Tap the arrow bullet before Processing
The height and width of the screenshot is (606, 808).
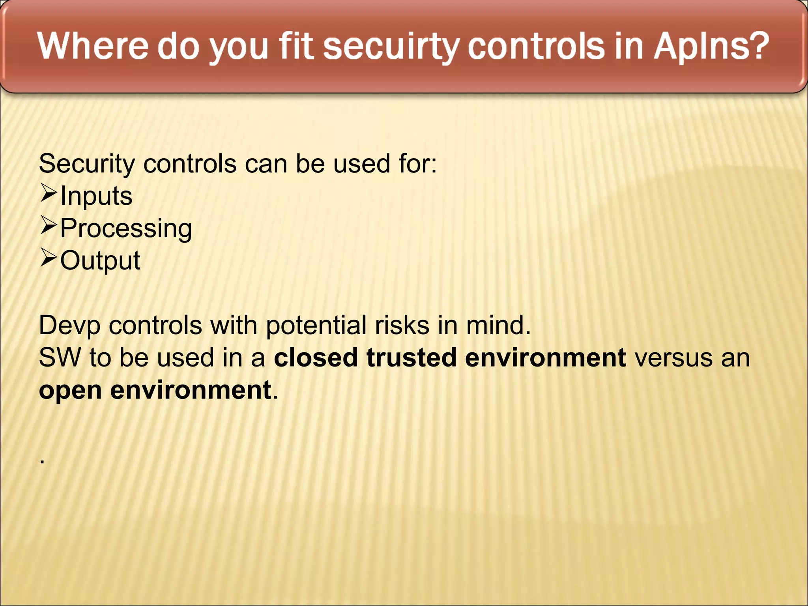[x=49, y=226]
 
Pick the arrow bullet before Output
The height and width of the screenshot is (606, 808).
[x=49, y=259]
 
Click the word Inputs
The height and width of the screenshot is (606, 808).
[x=96, y=196]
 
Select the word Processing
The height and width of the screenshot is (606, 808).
[x=126, y=229]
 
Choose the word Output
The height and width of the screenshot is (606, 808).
[x=100, y=261]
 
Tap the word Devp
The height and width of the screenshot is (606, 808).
[x=70, y=326]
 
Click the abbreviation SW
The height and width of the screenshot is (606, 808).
[x=59, y=357]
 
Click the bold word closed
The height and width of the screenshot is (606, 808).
[x=316, y=357]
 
